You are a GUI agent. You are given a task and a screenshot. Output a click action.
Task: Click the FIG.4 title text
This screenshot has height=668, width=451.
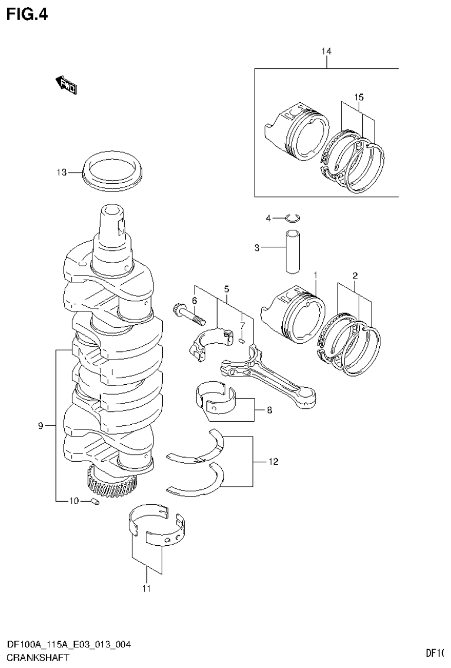pos(26,14)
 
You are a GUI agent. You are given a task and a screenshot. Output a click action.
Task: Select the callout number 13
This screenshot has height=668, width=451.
pos(62,172)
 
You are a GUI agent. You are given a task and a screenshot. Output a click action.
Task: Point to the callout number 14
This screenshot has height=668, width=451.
pos(326,52)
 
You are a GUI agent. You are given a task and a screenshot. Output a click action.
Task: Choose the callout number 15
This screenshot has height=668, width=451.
pos(359,96)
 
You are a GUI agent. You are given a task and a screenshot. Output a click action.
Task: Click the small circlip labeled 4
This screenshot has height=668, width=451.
pos(292,219)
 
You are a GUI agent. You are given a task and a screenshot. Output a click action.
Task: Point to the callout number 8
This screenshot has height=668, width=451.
pos(269,410)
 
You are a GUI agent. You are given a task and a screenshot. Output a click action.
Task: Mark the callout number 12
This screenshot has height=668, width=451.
pos(272,462)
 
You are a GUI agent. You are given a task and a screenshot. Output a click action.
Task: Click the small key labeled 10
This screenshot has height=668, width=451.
pos(94,501)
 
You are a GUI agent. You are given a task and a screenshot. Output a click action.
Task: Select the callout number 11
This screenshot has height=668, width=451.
pos(146,588)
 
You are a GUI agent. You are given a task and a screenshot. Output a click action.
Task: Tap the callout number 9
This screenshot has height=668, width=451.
pos(41,425)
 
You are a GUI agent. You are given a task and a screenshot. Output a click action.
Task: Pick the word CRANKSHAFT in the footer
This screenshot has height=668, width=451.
pos(37,657)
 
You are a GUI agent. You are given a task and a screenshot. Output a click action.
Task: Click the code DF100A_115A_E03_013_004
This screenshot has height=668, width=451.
pos(68,645)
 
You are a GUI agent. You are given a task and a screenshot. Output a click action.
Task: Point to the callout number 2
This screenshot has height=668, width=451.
pos(355,275)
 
